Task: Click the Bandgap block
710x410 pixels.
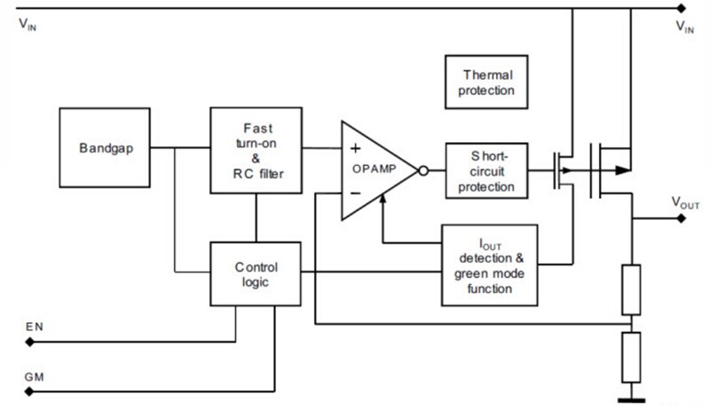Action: coord(105,148)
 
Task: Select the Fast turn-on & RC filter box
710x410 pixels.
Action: coord(256,149)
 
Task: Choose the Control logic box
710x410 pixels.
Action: coord(256,273)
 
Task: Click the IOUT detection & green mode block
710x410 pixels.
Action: coord(489,264)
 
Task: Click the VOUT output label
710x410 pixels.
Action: coord(685,204)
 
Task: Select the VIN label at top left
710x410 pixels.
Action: coord(28,26)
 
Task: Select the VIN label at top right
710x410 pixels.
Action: coord(685,27)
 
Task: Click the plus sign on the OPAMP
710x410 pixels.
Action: coord(355,148)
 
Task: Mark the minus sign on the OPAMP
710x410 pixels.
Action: coord(355,191)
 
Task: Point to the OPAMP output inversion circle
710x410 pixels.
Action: coord(424,170)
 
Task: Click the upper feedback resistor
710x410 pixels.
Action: coord(631,288)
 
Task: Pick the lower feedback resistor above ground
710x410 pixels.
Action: coord(631,356)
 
